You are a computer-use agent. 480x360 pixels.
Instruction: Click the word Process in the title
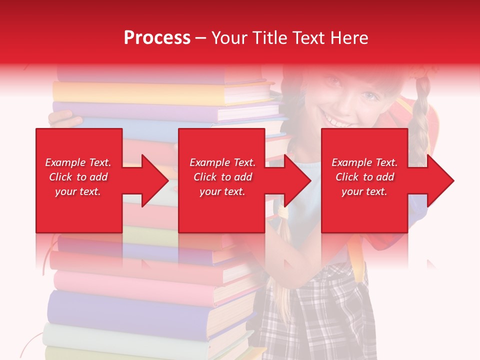pos(157,37)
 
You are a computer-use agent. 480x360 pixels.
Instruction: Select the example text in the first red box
pos(78,177)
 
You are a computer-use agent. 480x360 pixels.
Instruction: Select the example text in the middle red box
pos(222,177)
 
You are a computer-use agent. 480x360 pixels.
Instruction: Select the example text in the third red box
pos(364,177)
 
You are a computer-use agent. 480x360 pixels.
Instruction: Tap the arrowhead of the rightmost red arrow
pos(440,180)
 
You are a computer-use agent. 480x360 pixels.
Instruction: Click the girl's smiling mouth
pos(336,120)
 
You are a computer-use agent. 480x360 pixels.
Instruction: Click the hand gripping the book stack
pos(65,119)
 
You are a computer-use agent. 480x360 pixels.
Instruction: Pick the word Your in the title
pos(231,37)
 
